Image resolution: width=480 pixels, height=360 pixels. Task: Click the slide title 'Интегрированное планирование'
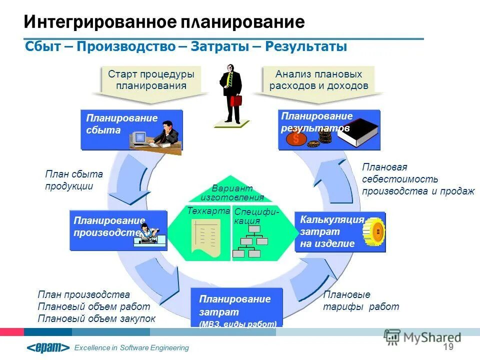click(164, 21)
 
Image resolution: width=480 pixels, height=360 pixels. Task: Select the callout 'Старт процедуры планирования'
click(151, 80)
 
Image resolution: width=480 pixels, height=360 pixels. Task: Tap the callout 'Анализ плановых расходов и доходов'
click(318, 80)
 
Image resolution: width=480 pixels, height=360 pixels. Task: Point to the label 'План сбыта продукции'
click(73, 180)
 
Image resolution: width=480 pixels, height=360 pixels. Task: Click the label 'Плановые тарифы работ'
click(361, 300)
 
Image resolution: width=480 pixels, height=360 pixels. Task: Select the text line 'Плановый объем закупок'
click(96, 318)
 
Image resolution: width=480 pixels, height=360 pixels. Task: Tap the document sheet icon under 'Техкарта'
click(205, 237)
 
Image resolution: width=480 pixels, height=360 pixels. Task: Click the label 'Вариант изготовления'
click(232, 192)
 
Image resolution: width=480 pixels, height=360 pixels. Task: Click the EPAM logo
click(48, 347)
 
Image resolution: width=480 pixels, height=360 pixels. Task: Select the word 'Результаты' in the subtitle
click(305, 46)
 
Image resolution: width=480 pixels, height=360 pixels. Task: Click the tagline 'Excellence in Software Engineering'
click(131, 348)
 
